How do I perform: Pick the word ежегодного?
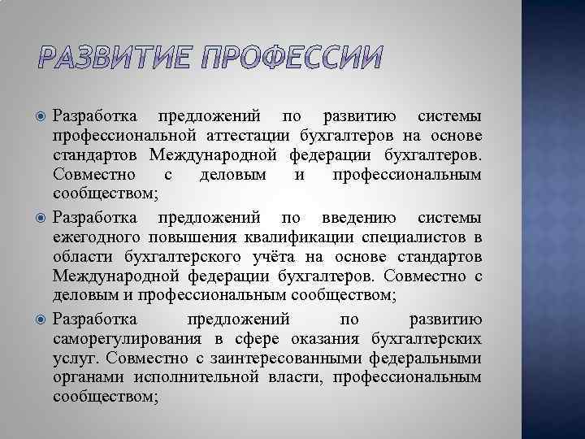(x=97, y=237)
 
